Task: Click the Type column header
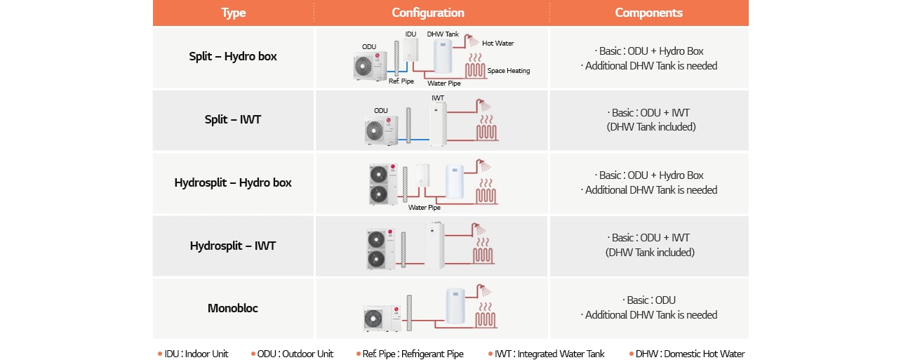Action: (x=233, y=13)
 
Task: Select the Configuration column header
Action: (x=428, y=13)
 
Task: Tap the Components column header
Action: (x=648, y=13)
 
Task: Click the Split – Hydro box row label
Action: (x=233, y=57)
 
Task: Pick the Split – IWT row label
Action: (x=233, y=119)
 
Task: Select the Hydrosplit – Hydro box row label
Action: (x=233, y=182)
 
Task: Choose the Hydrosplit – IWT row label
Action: (x=233, y=246)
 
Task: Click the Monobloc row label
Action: (x=233, y=308)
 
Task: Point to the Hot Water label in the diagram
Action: (x=498, y=44)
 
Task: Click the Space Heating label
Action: (x=508, y=71)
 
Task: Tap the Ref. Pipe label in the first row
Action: (x=401, y=81)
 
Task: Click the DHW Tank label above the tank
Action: (x=443, y=34)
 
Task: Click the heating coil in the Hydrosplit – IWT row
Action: (x=483, y=254)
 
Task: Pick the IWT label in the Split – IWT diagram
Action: (x=438, y=98)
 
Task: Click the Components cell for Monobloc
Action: (x=648, y=308)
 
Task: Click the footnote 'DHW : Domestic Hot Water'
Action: (x=690, y=354)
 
